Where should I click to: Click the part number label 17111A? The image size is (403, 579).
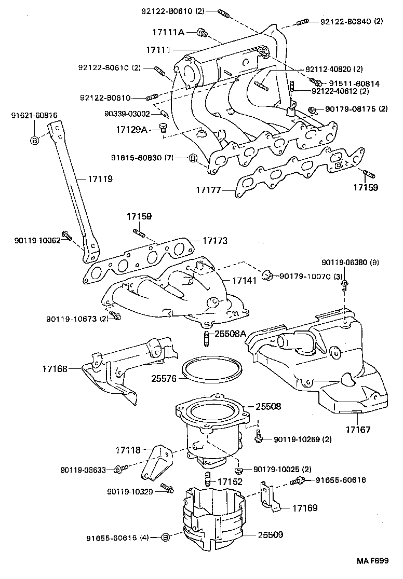(x=168, y=33)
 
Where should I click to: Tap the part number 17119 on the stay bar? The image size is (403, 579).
(x=100, y=178)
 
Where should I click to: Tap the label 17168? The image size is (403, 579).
(x=56, y=369)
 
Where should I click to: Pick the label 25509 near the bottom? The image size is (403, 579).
(x=270, y=534)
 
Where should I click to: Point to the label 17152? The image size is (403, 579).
(x=230, y=481)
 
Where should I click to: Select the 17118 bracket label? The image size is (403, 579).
(x=127, y=451)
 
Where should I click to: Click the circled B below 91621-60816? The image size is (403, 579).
(x=34, y=141)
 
